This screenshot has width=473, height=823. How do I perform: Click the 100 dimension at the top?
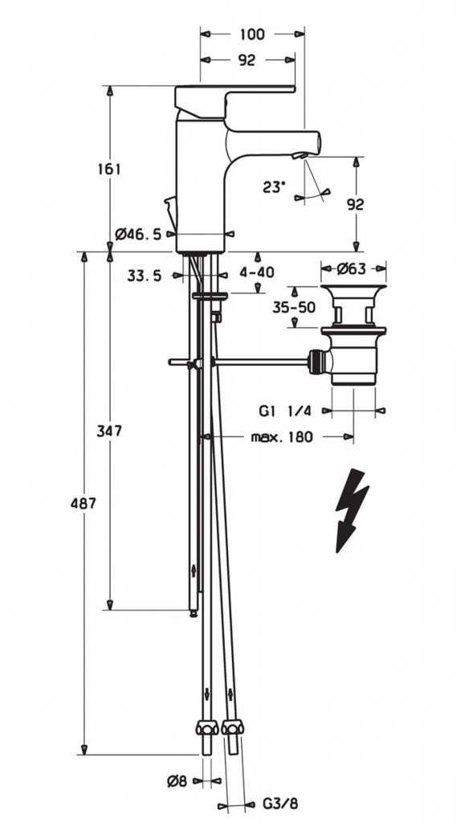point(252,35)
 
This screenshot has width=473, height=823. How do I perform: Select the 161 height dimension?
point(109,169)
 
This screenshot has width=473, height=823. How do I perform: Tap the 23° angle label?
point(274,186)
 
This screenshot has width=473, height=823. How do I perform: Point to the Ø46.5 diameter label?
point(138,234)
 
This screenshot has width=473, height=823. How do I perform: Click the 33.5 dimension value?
point(145,276)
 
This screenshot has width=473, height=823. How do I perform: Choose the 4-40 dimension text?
point(257,272)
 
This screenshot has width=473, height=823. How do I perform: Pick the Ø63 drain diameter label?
point(352,268)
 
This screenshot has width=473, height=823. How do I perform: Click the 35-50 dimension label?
point(294,307)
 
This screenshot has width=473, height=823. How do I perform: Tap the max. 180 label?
point(282,436)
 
